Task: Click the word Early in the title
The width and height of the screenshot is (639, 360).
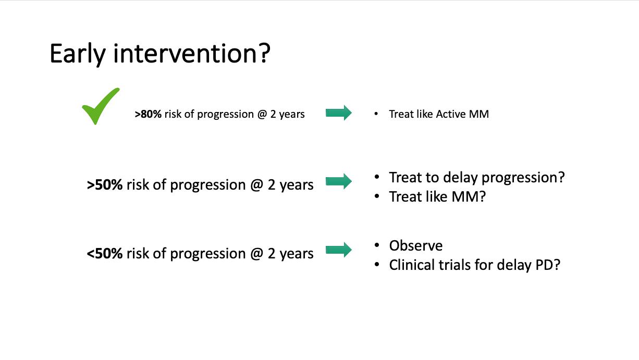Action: (78, 54)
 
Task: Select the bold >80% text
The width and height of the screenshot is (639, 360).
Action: (148, 114)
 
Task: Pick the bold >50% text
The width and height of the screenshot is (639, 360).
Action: (105, 185)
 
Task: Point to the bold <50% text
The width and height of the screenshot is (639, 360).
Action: (105, 253)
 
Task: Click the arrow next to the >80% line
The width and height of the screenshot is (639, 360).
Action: (339, 113)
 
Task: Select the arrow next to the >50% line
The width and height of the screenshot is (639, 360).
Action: (339, 181)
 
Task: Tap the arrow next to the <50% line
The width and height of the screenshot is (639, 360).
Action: (339, 250)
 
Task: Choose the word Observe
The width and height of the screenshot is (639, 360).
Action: (415, 246)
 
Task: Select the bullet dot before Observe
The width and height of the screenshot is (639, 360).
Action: (377, 245)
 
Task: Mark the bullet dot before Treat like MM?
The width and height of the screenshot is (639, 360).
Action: (377, 196)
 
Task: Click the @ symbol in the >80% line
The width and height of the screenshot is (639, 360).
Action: (262, 114)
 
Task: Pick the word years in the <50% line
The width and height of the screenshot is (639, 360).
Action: (297, 254)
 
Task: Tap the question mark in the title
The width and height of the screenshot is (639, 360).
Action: (265, 53)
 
